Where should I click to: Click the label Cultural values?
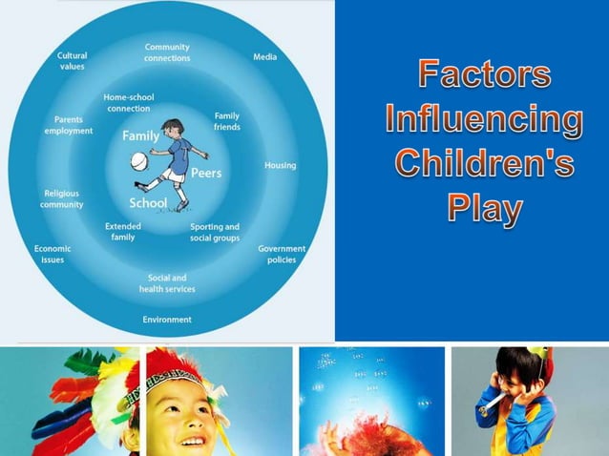pyautogui.click(x=73, y=61)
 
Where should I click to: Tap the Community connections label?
pyautogui.click(x=167, y=52)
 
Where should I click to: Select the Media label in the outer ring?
pyautogui.click(x=264, y=57)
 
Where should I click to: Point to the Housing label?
pyautogui.click(x=280, y=165)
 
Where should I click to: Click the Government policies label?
pyautogui.click(x=281, y=254)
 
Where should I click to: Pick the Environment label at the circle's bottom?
pyautogui.click(x=167, y=320)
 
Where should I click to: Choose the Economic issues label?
pyautogui.click(x=52, y=253)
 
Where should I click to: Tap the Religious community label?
pyautogui.click(x=61, y=198)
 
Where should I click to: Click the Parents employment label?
pyautogui.click(x=68, y=125)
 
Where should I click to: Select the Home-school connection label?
pyautogui.click(x=129, y=102)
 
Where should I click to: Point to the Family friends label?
pyautogui.click(x=227, y=121)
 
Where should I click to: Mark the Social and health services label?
pyautogui.click(x=167, y=283)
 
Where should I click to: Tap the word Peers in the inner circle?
pyautogui.click(x=206, y=173)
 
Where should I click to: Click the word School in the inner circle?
pyautogui.click(x=148, y=203)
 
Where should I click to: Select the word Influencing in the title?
pyautogui.click(x=485, y=121)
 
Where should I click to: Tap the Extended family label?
pyautogui.click(x=123, y=232)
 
